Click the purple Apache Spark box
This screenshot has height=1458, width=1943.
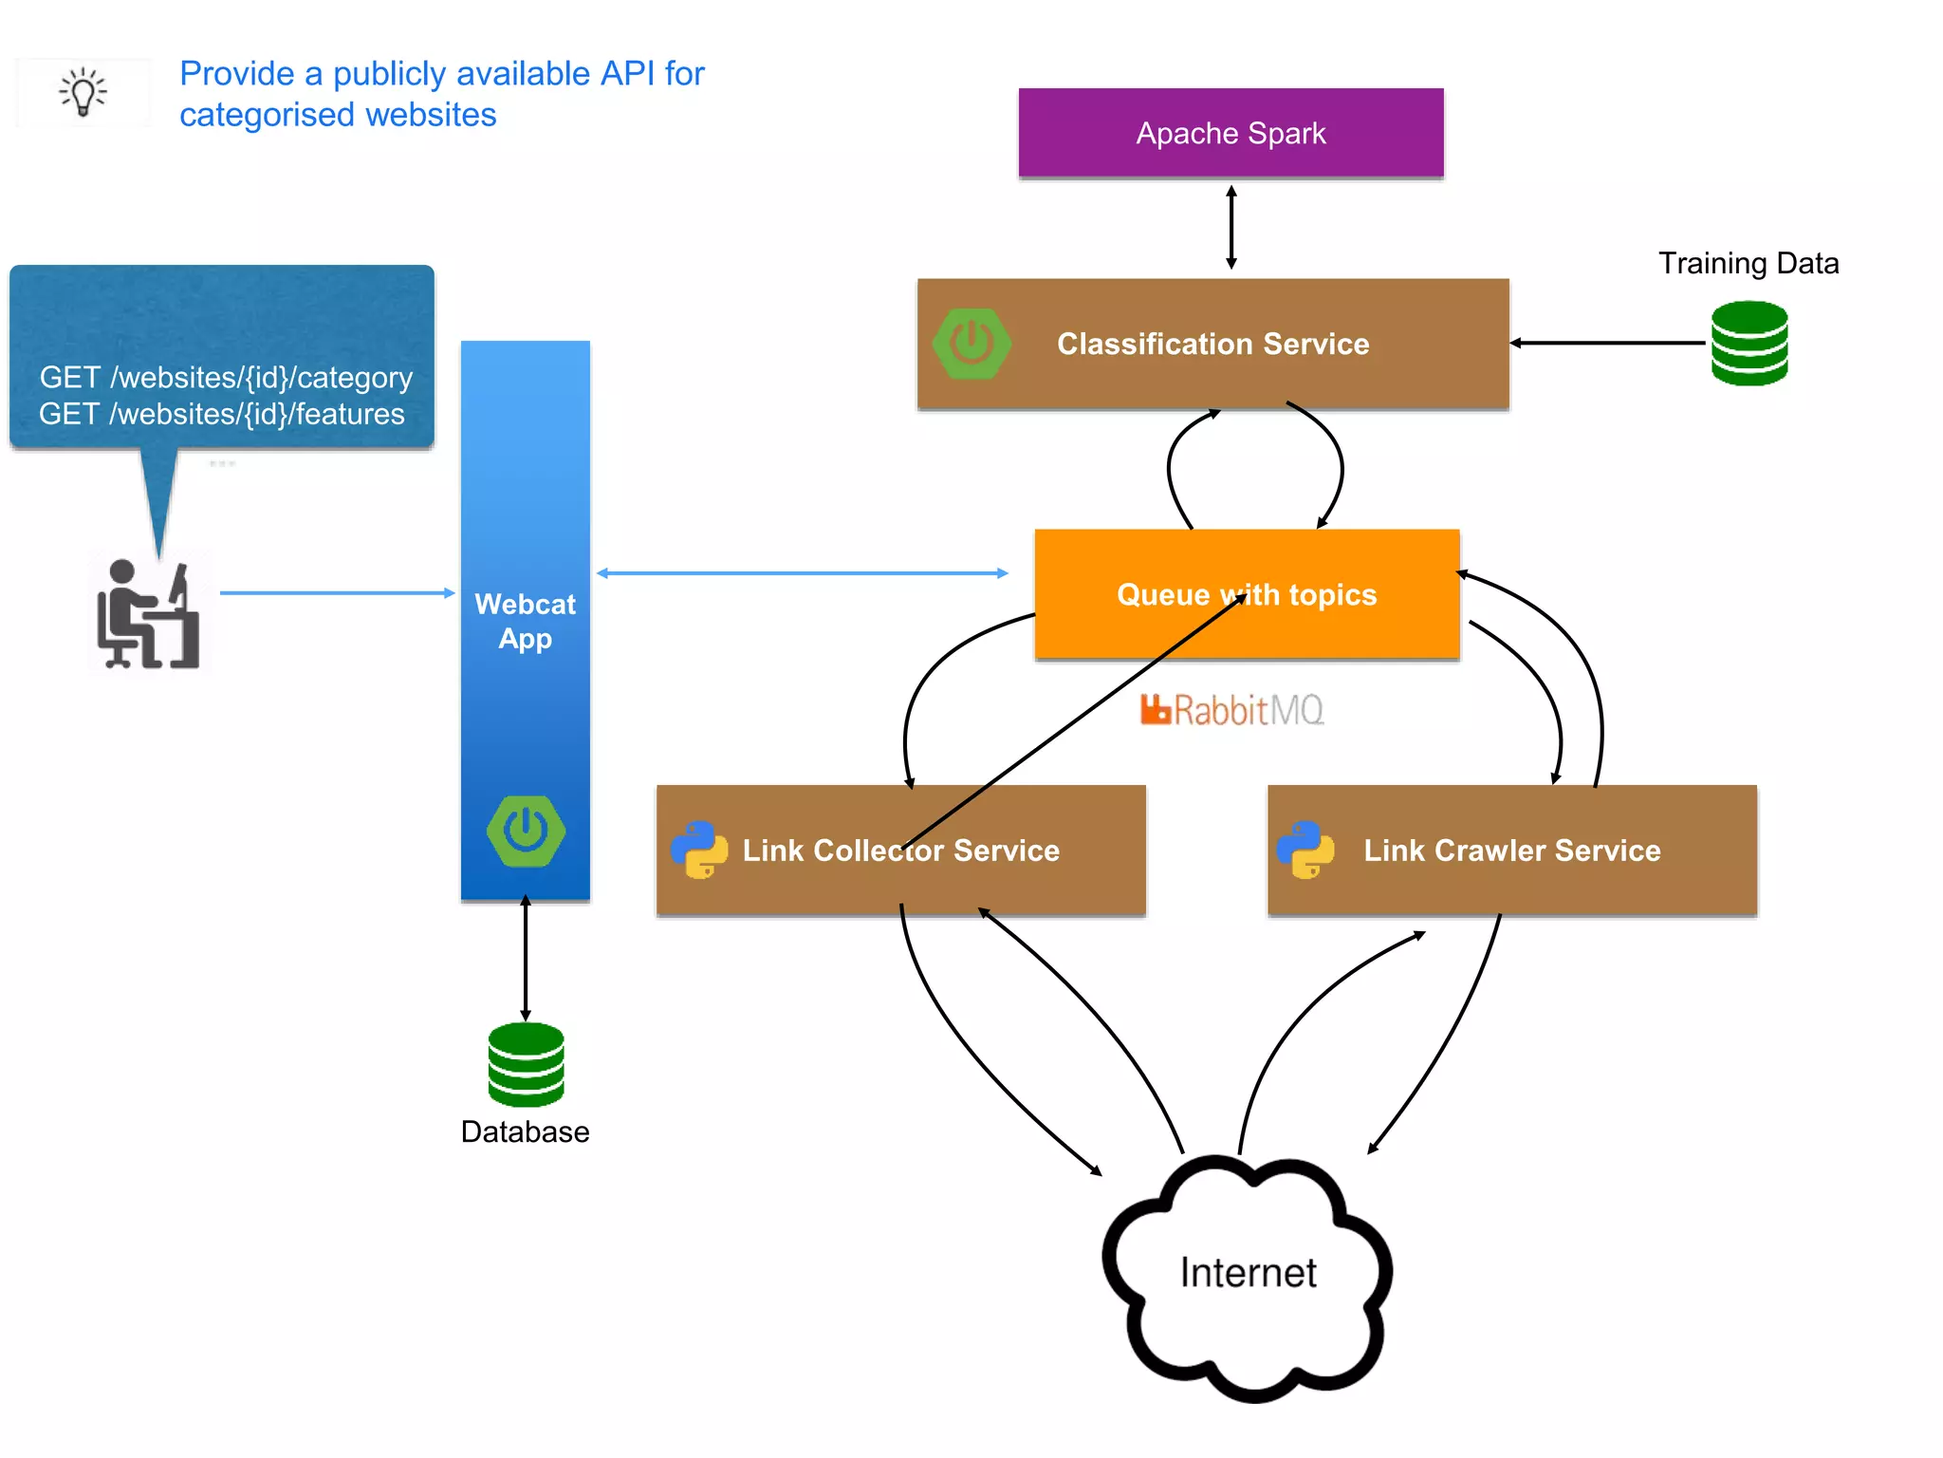pyautogui.click(x=1231, y=133)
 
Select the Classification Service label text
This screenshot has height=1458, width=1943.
pyautogui.click(x=1212, y=344)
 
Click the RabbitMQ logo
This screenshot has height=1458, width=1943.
pyautogui.click(x=1231, y=710)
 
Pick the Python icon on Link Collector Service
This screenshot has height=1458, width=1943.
pyautogui.click(x=699, y=850)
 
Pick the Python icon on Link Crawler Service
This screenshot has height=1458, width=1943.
pyautogui.click(x=1305, y=850)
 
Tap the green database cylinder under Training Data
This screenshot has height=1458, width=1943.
pyautogui.click(x=1749, y=343)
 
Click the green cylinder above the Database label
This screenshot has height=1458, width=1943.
pyautogui.click(x=526, y=1064)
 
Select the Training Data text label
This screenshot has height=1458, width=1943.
pyautogui.click(x=1748, y=263)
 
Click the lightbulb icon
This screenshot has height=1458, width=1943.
pyautogui.click(x=83, y=92)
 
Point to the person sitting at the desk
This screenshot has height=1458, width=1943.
pyautogui.click(x=148, y=615)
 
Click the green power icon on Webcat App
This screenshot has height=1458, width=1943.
pyautogui.click(x=526, y=831)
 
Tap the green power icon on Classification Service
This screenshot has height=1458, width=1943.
pyautogui.click(x=971, y=344)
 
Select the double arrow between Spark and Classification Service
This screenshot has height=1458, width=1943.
pyautogui.click(x=1231, y=228)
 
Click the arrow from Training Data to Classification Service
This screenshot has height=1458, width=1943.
pyautogui.click(x=1607, y=343)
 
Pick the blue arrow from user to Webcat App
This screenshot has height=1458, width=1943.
pyautogui.click(x=337, y=593)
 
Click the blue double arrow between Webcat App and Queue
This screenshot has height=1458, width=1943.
pyautogui.click(x=802, y=573)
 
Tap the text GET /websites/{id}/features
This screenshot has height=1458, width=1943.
pyautogui.click(x=222, y=414)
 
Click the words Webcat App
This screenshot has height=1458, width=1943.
pyautogui.click(x=525, y=621)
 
